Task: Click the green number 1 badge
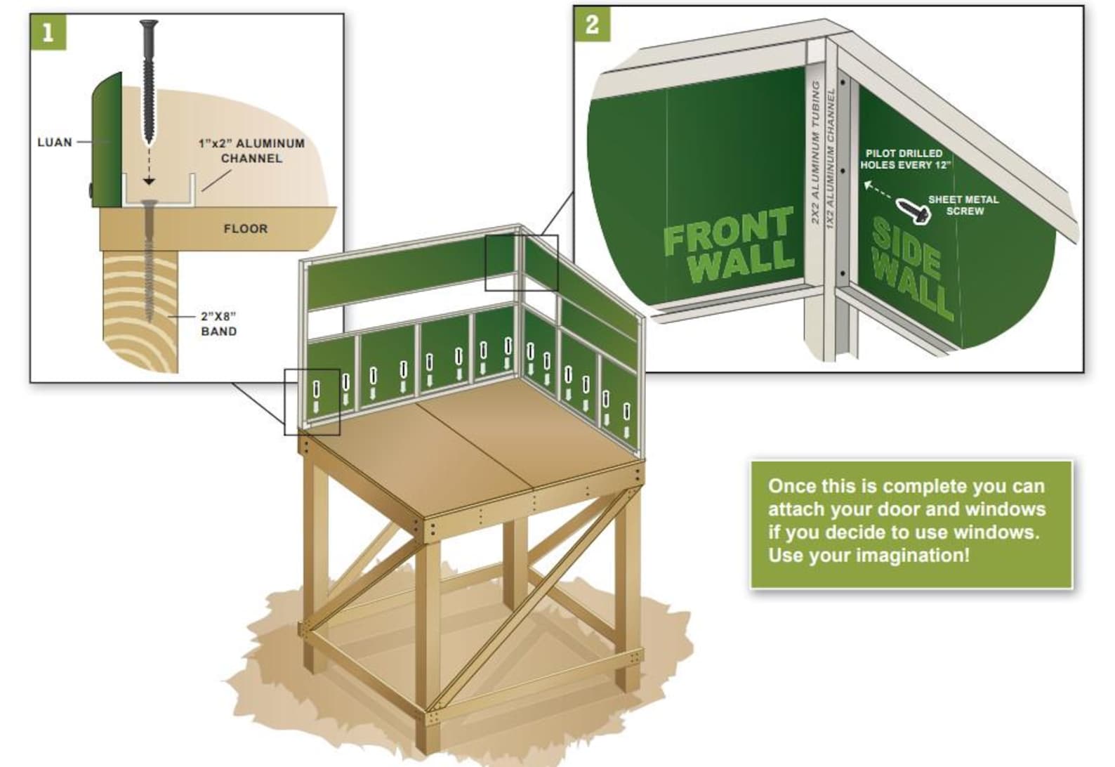click(48, 32)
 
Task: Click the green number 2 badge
click(592, 24)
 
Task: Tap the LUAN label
click(54, 143)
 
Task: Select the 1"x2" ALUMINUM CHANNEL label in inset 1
click(251, 151)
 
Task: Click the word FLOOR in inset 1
click(245, 229)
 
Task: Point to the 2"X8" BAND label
click(218, 324)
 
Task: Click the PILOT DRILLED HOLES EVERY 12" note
click(904, 159)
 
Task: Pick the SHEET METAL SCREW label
click(963, 205)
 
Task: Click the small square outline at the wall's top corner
click(521, 263)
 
